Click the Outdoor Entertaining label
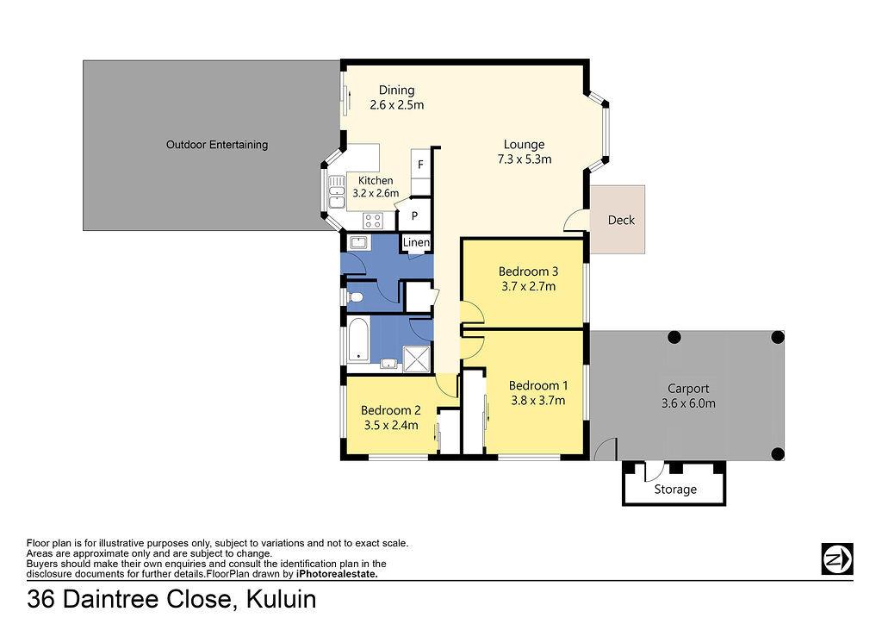pos(216,145)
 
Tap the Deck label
pos(621,220)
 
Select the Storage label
pos(675,490)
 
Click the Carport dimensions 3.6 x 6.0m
pos(688,403)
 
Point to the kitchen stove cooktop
pos(372,221)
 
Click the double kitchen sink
pos(337,192)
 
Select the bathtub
pos(357,340)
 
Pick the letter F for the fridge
pos(420,165)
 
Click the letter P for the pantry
pos(414,215)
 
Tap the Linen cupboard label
pos(416,242)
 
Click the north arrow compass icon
pos(837,558)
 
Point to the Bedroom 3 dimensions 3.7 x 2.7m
pos(528,286)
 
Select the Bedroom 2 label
pos(390,411)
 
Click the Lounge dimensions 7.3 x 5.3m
pos(525,159)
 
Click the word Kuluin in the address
pos(282,599)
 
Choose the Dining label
pos(396,90)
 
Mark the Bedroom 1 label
pos(537,386)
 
